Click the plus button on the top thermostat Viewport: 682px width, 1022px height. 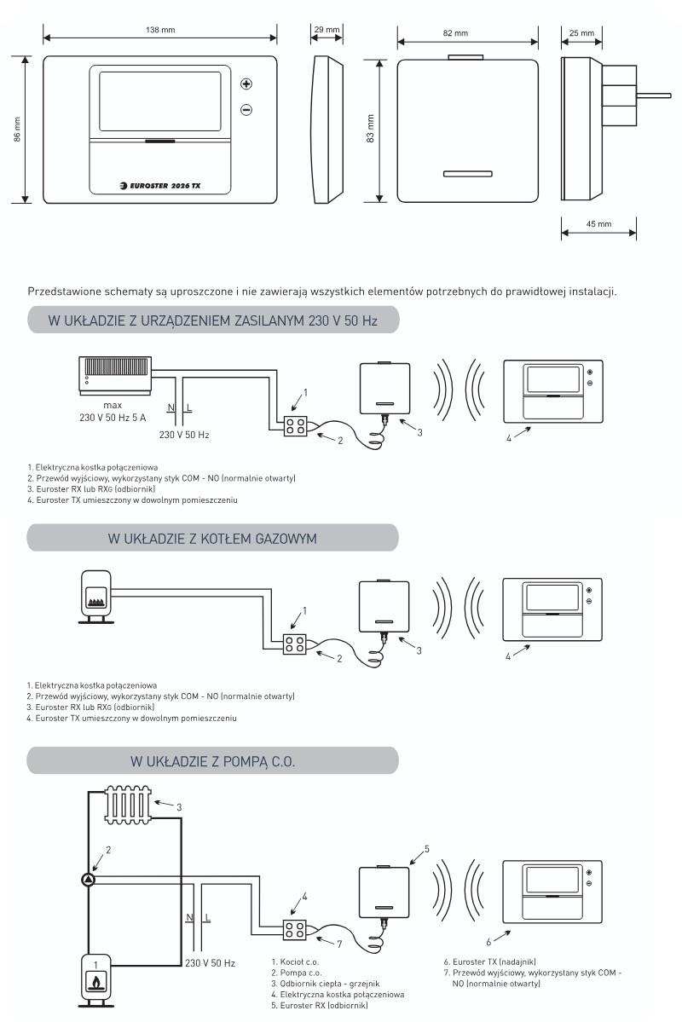tap(246, 84)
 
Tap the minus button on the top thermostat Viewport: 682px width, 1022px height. tap(246, 109)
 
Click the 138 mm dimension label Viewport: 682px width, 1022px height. tap(160, 30)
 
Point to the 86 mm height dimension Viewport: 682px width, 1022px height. tap(17, 129)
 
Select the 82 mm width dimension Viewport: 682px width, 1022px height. tap(456, 33)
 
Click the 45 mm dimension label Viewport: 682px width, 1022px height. tap(598, 224)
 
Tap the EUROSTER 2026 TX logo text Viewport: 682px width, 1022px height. tap(160, 186)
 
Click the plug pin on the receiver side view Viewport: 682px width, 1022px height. tap(654, 95)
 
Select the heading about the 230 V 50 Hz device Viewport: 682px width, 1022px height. tap(212, 320)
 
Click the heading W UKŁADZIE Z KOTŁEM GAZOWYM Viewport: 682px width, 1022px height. tap(212, 539)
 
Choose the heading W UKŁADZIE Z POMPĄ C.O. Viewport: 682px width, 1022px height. tap(212, 761)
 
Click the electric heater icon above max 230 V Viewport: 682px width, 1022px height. tap(115, 375)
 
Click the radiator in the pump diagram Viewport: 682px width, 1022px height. tap(129, 805)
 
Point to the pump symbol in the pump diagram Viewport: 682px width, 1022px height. tap(88, 880)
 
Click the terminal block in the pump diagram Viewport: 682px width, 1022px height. tap(295, 929)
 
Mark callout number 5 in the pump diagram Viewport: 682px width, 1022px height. tap(427, 849)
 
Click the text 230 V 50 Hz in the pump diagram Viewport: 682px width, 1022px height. tap(210, 962)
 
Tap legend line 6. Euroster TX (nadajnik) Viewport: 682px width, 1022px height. tap(489, 961)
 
